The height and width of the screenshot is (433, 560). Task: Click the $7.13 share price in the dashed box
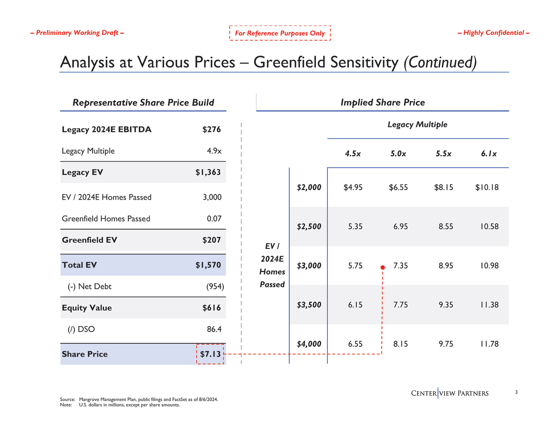click(210, 354)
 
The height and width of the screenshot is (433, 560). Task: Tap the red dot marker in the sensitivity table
click(382, 268)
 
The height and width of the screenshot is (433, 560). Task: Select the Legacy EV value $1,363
click(208, 173)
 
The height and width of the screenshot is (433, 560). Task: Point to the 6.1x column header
click(489, 154)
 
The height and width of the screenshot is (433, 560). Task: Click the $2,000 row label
click(309, 187)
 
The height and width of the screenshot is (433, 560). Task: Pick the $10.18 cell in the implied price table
click(487, 187)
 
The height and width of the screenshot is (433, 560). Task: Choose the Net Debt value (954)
click(215, 287)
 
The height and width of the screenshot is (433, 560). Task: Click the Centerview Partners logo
click(450, 393)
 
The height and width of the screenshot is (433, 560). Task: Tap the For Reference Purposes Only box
click(280, 33)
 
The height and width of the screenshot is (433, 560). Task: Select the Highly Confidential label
click(493, 33)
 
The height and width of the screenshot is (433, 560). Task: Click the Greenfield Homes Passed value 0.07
click(214, 219)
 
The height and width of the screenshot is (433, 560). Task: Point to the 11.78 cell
click(489, 344)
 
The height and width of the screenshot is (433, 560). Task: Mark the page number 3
click(516, 392)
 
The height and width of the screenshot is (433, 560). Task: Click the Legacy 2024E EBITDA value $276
click(211, 130)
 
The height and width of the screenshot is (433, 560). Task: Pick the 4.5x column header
click(353, 154)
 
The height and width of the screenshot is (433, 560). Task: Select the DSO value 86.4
click(214, 329)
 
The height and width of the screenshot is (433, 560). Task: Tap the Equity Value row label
click(87, 308)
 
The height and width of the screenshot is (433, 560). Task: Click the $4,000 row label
click(309, 344)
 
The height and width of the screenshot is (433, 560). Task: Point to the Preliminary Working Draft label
click(77, 33)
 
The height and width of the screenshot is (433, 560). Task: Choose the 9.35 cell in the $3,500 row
click(446, 305)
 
